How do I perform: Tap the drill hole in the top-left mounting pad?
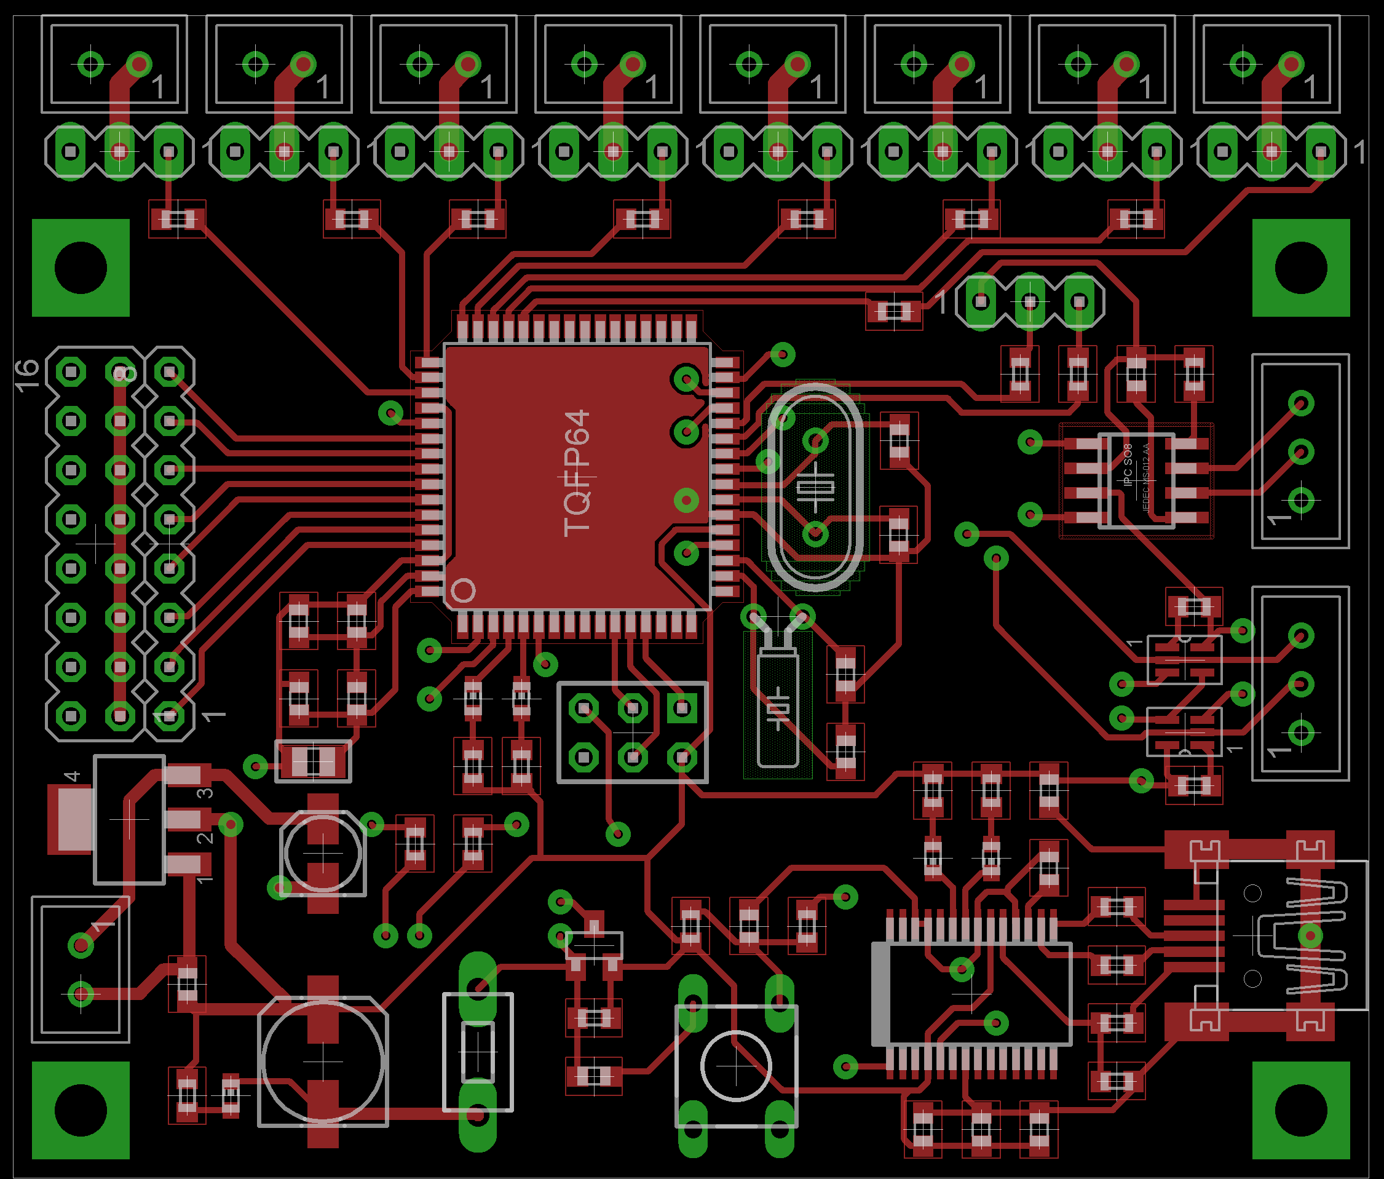point(80,268)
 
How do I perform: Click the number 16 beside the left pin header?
point(26,375)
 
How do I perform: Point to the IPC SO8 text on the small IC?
point(1128,464)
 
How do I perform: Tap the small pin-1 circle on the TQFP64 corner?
point(463,590)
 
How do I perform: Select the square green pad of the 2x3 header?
point(682,708)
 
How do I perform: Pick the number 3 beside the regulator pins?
point(205,793)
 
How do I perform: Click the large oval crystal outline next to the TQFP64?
point(815,488)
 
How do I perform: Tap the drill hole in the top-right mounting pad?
point(1301,268)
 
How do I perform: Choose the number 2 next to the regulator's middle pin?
point(205,838)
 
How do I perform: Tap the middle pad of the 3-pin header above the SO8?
point(1030,302)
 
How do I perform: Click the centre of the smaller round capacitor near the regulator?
point(323,853)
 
